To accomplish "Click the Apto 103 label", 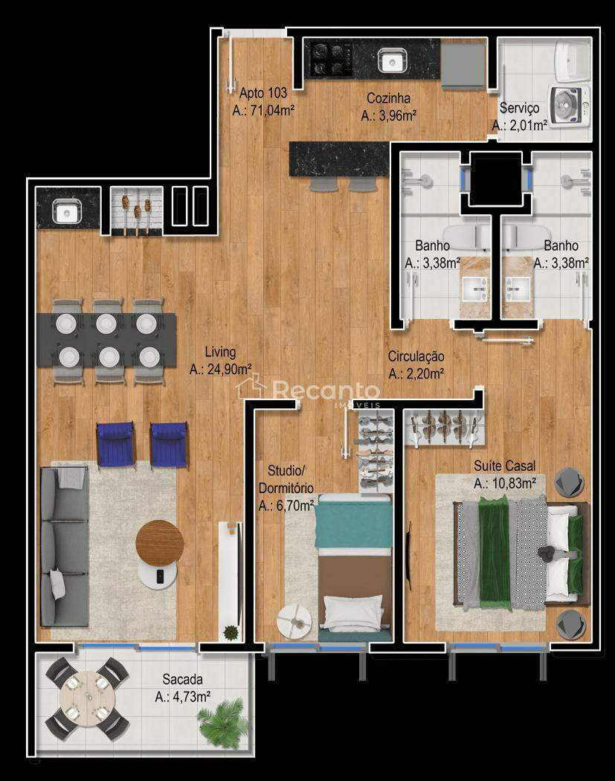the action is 263,93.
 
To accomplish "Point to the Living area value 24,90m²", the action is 220,370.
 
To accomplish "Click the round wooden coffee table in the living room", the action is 160,541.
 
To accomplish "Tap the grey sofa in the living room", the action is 65,547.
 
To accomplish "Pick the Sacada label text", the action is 183,679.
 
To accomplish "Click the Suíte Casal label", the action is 504,466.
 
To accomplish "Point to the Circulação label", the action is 416,356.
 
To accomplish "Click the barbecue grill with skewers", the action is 136,211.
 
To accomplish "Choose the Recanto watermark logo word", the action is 326,390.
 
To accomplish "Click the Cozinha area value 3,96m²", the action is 388,115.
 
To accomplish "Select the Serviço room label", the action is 519,108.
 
